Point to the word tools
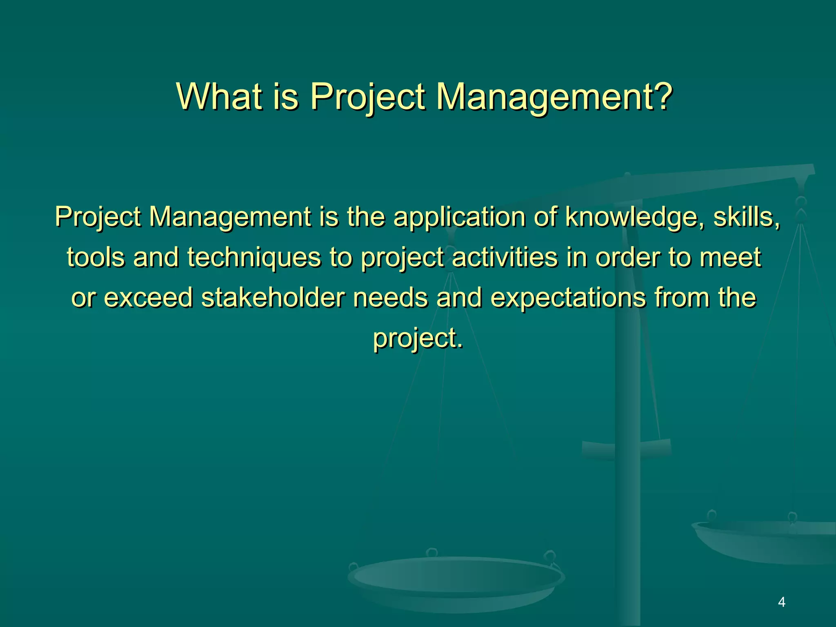96,257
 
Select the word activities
505,257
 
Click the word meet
730,257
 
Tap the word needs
390,297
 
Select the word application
459,217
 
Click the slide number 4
781,602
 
